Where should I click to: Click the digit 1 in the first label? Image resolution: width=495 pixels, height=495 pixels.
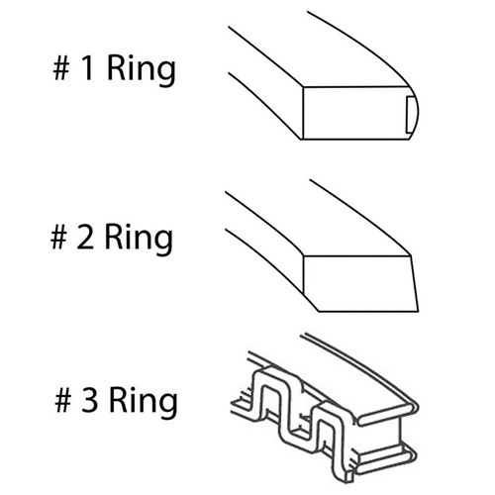(x=88, y=68)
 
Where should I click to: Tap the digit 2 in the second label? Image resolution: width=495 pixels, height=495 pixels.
(x=85, y=237)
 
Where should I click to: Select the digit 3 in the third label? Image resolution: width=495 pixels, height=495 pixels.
(x=90, y=400)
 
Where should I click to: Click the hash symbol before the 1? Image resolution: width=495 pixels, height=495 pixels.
(x=61, y=68)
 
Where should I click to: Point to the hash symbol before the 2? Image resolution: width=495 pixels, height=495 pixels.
(x=58, y=237)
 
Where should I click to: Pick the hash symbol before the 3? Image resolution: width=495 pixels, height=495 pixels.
(x=63, y=400)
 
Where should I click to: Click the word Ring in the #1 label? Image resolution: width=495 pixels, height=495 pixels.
(x=142, y=71)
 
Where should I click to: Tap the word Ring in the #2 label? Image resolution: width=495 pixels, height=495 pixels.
(x=139, y=240)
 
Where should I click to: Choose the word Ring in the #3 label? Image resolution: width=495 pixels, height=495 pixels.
(x=144, y=403)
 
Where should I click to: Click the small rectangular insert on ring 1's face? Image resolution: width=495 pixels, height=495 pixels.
(x=410, y=115)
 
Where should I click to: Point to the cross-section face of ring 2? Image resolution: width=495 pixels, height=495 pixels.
(x=360, y=283)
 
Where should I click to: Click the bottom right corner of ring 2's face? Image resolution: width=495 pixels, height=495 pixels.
(x=419, y=311)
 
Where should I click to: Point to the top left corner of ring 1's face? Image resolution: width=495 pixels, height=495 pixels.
(x=303, y=87)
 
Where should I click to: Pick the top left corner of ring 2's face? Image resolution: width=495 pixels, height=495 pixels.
(x=303, y=255)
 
